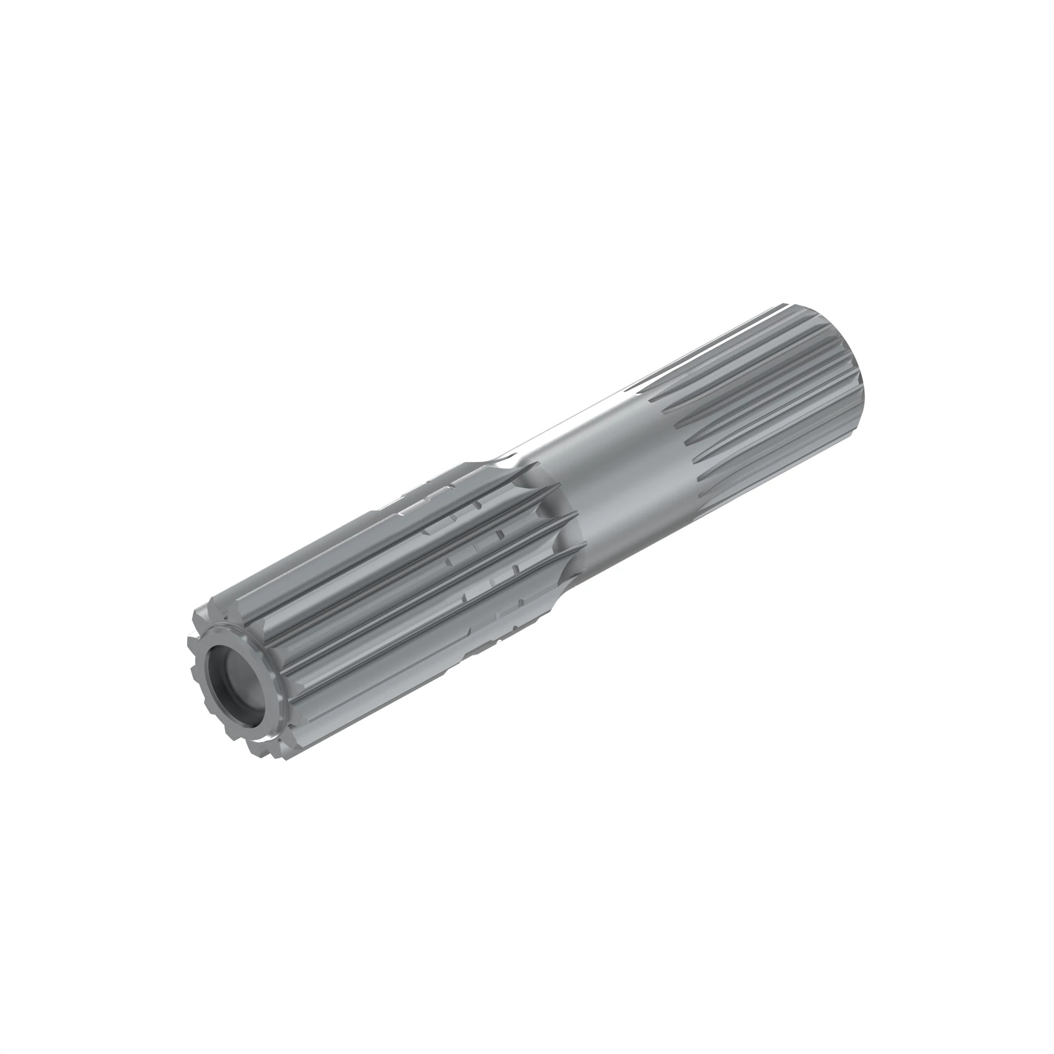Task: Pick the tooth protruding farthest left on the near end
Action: [x=190, y=638]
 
